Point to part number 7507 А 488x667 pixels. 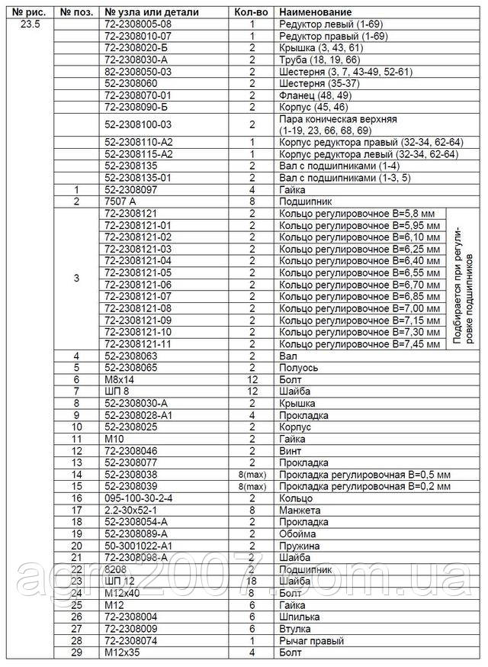[121, 201]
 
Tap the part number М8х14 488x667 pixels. [119, 380]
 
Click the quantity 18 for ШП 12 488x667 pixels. [251, 581]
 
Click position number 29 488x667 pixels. [76, 652]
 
